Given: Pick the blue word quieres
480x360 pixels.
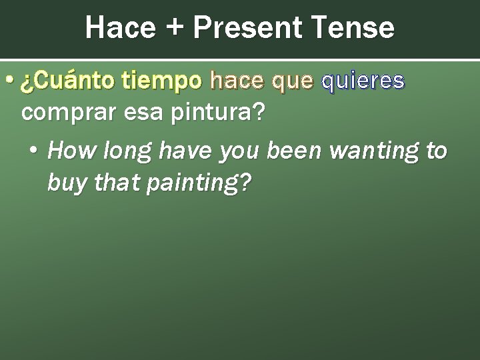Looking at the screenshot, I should coord(363,82).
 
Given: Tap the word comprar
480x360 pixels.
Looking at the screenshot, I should coord(61,113).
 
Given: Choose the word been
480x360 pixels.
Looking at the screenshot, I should coord(294,151).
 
